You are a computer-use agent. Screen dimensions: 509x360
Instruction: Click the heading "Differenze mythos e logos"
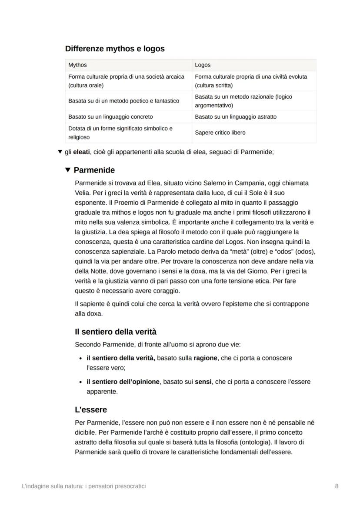coord(115,49)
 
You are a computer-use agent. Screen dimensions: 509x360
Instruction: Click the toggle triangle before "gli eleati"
coord(60,152)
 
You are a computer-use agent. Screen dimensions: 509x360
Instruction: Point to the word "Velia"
coord(82,193)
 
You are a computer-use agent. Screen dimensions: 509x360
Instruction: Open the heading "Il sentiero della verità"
coord(116,332)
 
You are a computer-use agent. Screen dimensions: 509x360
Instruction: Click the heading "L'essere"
coord(91,409)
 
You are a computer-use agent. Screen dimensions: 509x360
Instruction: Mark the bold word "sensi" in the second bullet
coord(203,382)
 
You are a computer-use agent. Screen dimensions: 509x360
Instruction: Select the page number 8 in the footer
coord(337,486)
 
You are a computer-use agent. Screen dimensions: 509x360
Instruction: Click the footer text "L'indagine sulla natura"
coord(50,486)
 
